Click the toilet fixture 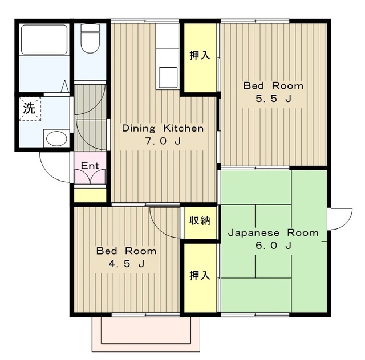point(90,38)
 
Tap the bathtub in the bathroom point(44,39)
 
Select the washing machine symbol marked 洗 point(30,109)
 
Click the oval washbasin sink point(56,138)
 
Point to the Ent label point(90,166)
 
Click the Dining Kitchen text point(163,128)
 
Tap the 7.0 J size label point(163,141)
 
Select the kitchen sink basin point(168,77)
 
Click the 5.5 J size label point(273,99)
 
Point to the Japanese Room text point(273,232)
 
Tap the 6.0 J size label point(273,246)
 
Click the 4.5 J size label point(127,264)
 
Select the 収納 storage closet point(200,223)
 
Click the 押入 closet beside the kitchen point(200,58)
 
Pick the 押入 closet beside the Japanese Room point(200,278)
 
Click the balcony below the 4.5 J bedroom point(146,334)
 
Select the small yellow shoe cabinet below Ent point(90,195)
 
